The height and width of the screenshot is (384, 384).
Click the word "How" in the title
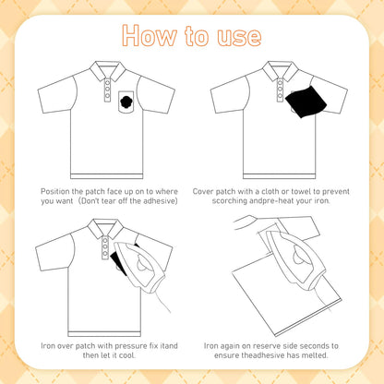(150, 35)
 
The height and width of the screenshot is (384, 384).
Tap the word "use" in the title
(239, 37)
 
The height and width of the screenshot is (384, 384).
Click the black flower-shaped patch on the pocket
(126, 102)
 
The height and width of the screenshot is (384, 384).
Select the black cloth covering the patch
(306, 102)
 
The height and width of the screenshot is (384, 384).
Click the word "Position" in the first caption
(55, 191)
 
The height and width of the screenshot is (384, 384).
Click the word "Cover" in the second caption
(203, 191)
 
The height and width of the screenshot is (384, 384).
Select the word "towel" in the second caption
(301, 191)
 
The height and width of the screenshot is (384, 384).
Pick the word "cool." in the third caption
(127, 355)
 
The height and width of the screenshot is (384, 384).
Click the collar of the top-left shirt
(107, 70)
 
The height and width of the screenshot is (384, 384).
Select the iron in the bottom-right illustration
(296, 258)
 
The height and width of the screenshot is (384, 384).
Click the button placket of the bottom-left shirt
(105, 247)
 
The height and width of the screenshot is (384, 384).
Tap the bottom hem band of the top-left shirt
(107, 176)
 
